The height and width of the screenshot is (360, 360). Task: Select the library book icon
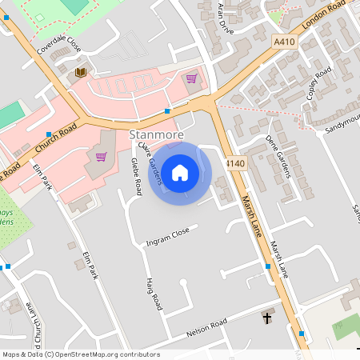(x=80, y=73)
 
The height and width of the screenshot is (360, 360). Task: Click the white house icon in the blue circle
(x=180, y=171)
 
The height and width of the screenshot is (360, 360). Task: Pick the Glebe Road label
(x=137, y=176)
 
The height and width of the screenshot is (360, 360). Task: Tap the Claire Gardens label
(x=151, y=163)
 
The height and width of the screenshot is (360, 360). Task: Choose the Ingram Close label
(x=167, y=236)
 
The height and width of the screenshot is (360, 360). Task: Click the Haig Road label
(x=154, y=294)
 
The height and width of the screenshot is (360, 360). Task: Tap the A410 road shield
(x=284, y=42)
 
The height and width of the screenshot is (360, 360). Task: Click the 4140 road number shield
(x=234, y=163)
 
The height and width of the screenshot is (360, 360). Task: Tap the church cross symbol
(x=267, y=318)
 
